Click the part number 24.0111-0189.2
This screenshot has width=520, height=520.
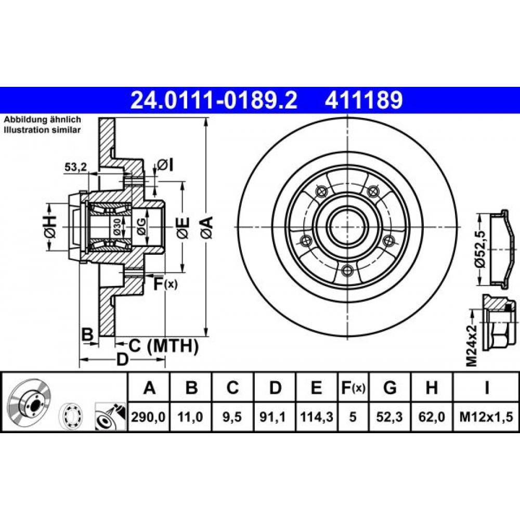[x=214, y=100]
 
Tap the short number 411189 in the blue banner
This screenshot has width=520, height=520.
[x=364, y=100]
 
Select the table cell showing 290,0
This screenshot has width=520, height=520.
[x=148, y=417]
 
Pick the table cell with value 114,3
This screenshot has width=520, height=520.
[x=316, y=417]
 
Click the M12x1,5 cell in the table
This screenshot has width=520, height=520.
[x=486, y=417]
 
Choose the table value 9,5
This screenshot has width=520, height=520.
[x=232, y=417]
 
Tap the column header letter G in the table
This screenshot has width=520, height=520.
[x=389, y=387]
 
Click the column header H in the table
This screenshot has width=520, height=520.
[x=432, y=387]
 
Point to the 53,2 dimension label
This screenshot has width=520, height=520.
[x=75, y=167]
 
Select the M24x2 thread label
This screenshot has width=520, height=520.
[x=472, y=346]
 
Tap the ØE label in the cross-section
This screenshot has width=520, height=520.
[x=183, y=228]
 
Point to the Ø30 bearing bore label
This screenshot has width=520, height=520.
[x=116, y=227]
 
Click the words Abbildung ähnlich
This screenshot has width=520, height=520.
[x=42, y=120]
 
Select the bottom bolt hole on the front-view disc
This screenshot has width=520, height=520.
[x=346, y=270]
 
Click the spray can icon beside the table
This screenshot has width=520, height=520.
[x=110, y=416]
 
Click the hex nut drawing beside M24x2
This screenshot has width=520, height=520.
[x=499, y=324]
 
